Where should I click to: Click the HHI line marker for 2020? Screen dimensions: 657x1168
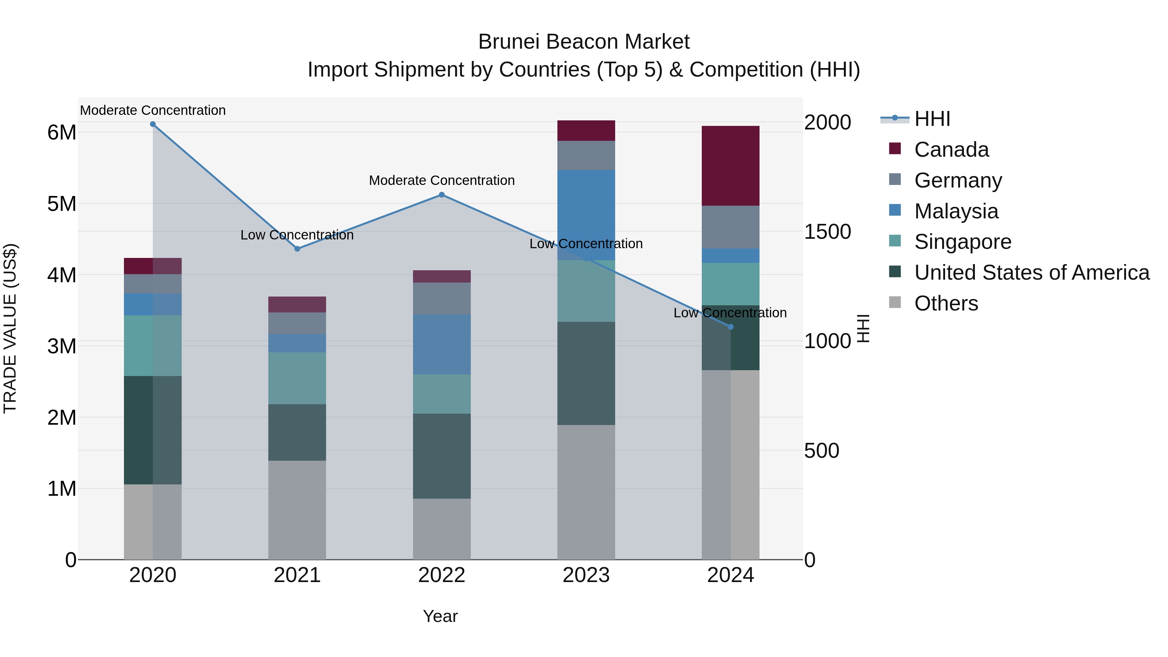pos(153,124)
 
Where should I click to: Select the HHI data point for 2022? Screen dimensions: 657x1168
pos(442,195)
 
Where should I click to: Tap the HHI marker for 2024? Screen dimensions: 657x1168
pos(730,327)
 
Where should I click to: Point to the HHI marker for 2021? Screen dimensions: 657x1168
pos(298,249)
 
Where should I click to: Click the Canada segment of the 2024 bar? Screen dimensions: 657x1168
pos(730,166)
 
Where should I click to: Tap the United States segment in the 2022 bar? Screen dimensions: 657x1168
pos(442,456)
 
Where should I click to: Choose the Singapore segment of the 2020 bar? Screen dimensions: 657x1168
pos(153,346)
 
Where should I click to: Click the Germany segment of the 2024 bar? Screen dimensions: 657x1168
pos(730,227)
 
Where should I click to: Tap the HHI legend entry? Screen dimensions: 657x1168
pos(932,119)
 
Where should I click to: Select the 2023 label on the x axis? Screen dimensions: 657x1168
pos(586,575)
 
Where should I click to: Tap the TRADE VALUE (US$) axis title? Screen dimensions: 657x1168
pos(10,328)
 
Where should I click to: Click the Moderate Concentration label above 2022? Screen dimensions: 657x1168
pos(442,180)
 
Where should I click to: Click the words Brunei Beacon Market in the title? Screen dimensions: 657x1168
pos(584,42)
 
